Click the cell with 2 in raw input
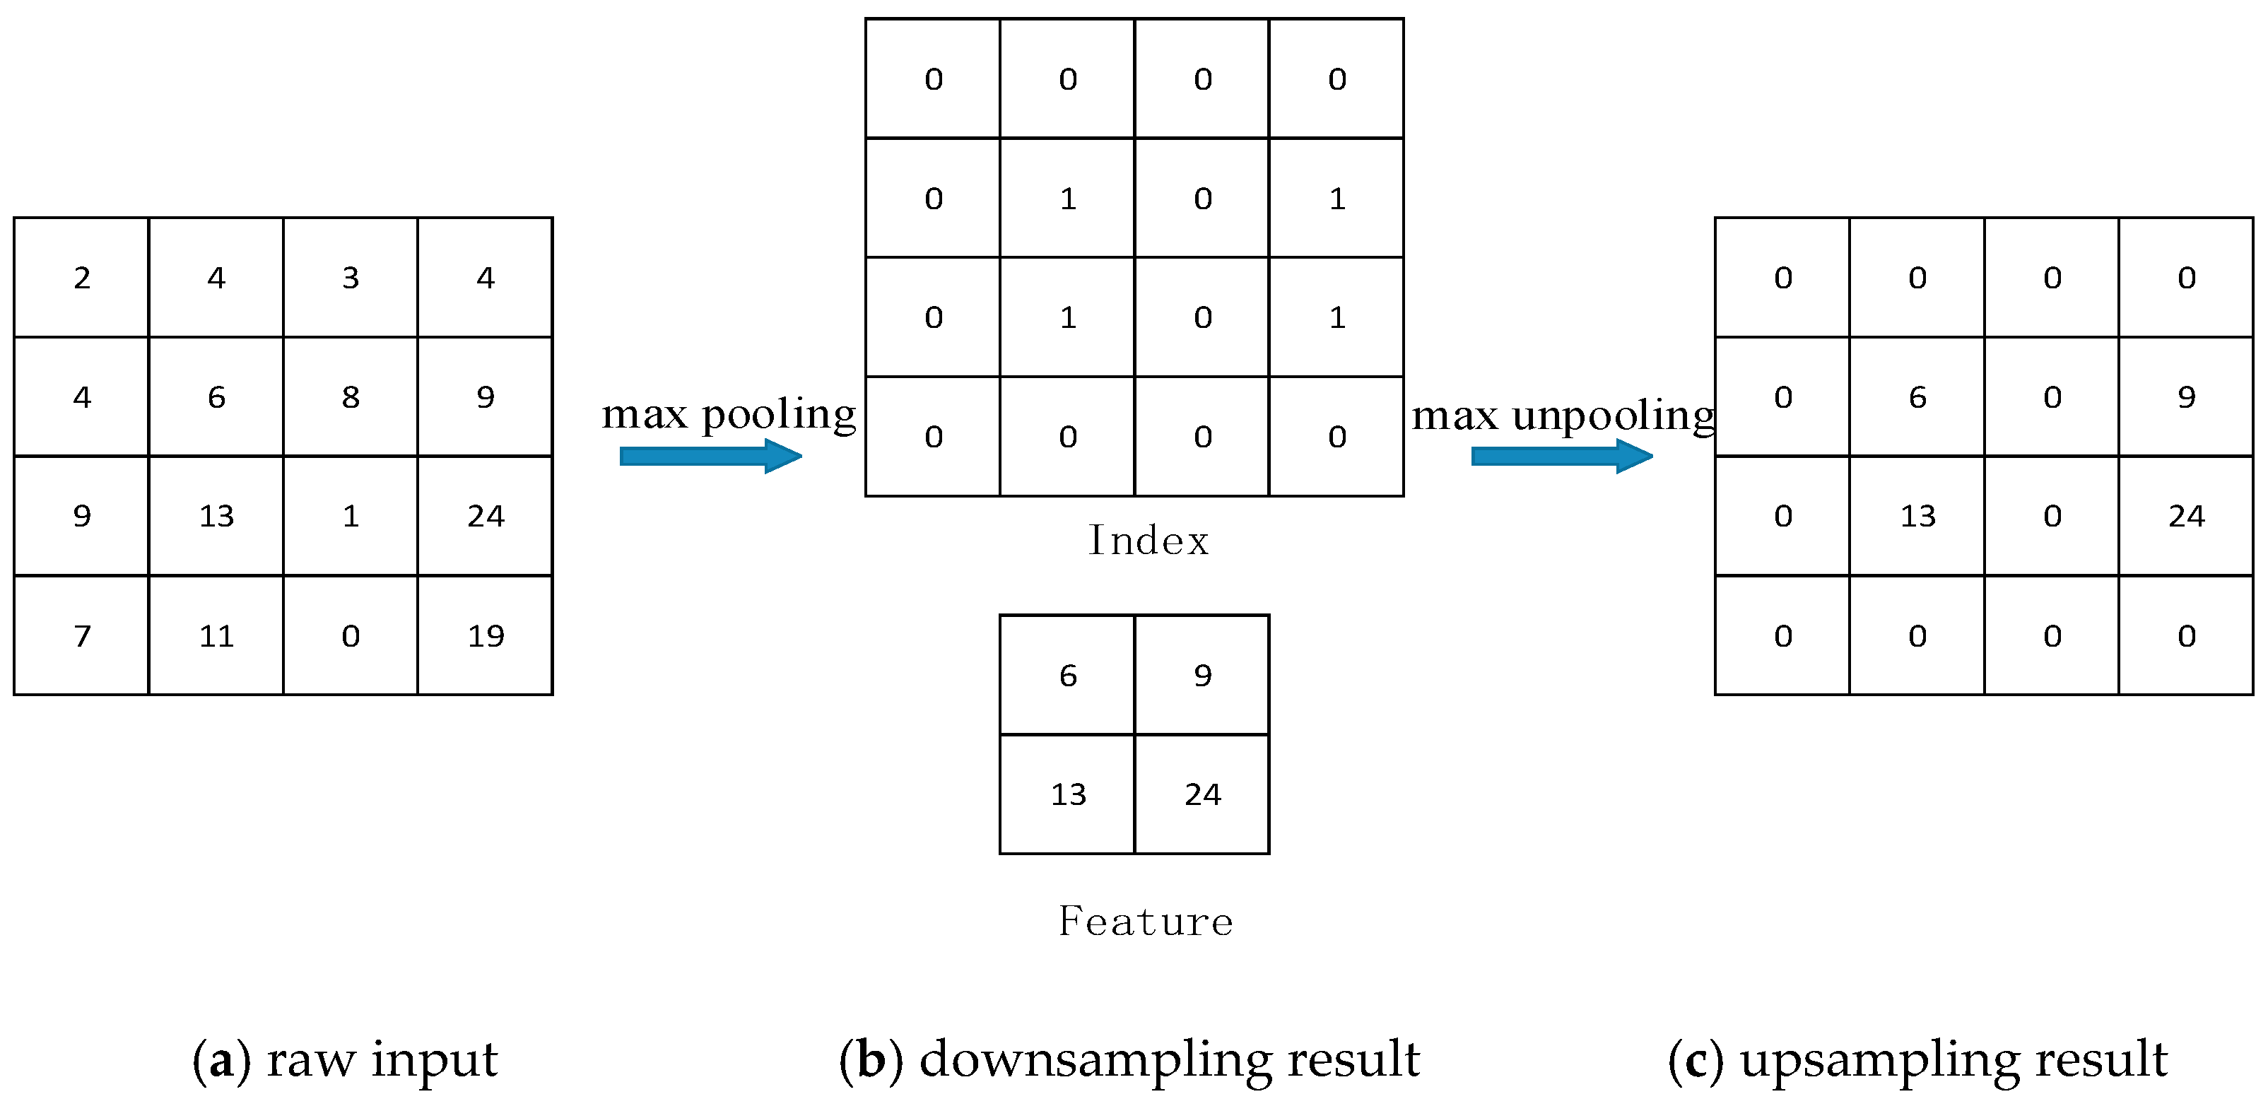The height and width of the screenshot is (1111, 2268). click(82, 277)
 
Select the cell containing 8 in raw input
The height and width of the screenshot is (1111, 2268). click(351, 397)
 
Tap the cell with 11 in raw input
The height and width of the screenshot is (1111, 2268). click(216, 635)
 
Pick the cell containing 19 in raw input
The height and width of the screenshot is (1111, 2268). click(485, 635)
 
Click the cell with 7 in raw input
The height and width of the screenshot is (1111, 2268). click(82, 635)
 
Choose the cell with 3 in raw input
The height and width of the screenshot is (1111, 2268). click(351, 277)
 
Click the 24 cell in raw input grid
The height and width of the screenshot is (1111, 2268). click(485, 516)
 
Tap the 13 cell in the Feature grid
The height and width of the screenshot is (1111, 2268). click(1068, 794)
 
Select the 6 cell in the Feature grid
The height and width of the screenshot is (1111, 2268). click(1068, 675)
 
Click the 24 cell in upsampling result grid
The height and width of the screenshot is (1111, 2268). click(2186, 516)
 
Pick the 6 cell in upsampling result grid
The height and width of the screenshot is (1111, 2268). click(1917, 397)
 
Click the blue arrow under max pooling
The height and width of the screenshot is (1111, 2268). click(710, 456)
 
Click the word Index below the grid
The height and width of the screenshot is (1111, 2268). click(1148, 540)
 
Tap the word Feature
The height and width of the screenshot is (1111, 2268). click(1146, 921)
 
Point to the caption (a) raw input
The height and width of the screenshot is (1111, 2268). click(345, 1059)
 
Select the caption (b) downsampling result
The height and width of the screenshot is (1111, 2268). click(1129, 1059)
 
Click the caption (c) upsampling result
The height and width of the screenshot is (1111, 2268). click(1917, 1059)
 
